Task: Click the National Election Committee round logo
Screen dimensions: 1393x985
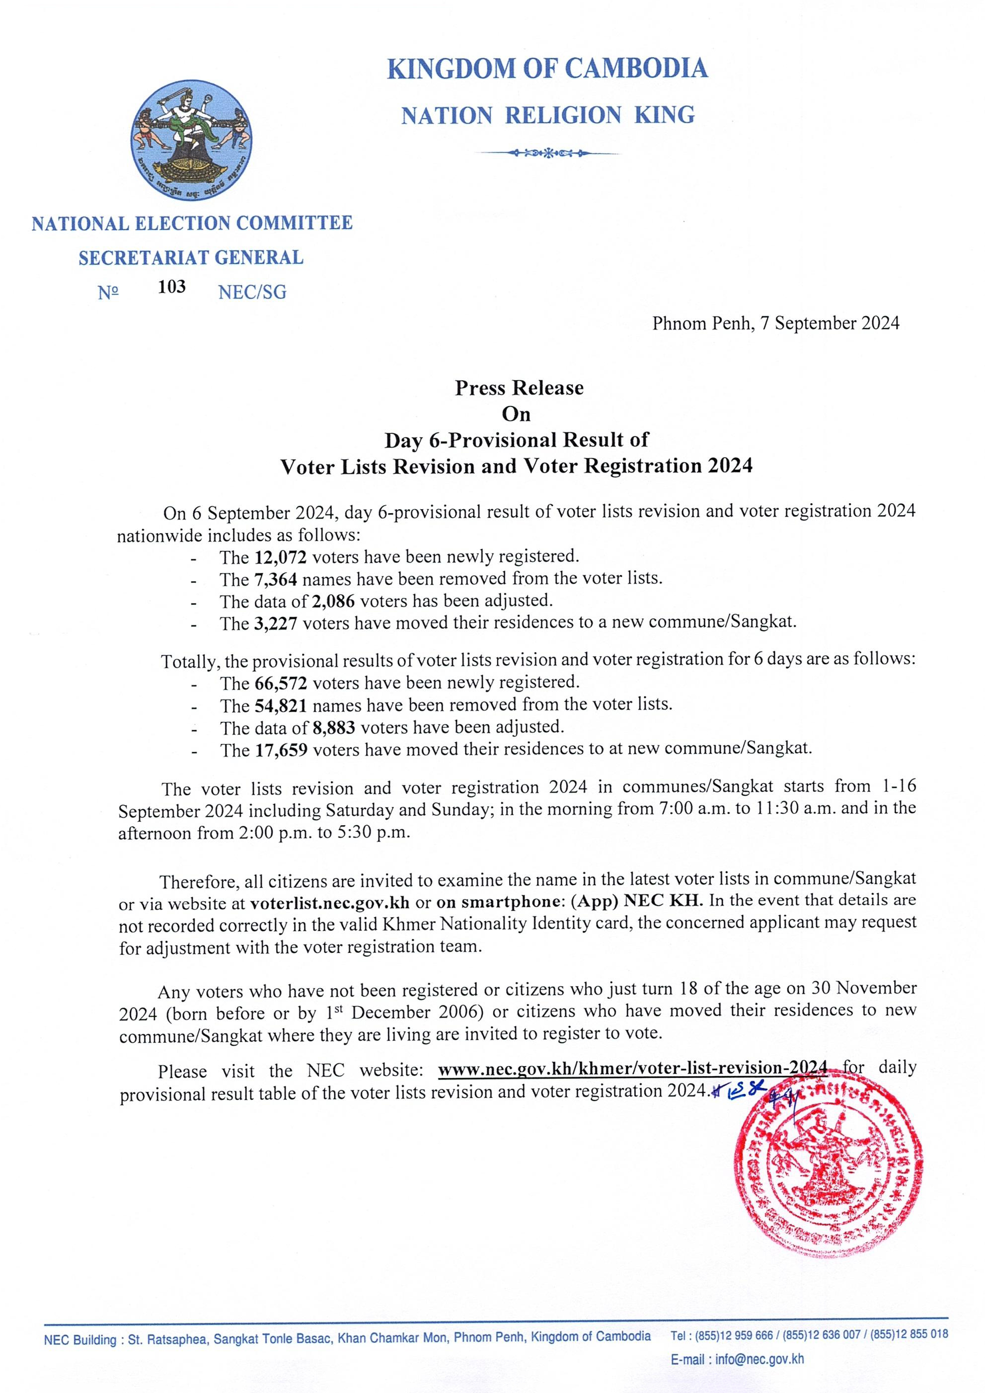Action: tap(192, 143)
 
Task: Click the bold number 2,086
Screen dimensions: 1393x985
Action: tap(332, 601)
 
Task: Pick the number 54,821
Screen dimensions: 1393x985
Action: tap(280, 705)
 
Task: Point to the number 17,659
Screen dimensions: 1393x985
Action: tap(280, 749)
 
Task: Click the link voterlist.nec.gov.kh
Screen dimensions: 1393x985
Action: tap(329, 902)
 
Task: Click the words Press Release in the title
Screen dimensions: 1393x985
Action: tap(519, 387)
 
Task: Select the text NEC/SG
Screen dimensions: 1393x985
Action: tap(252, 293)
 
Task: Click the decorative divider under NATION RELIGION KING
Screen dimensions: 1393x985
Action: tap(548, 153)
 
